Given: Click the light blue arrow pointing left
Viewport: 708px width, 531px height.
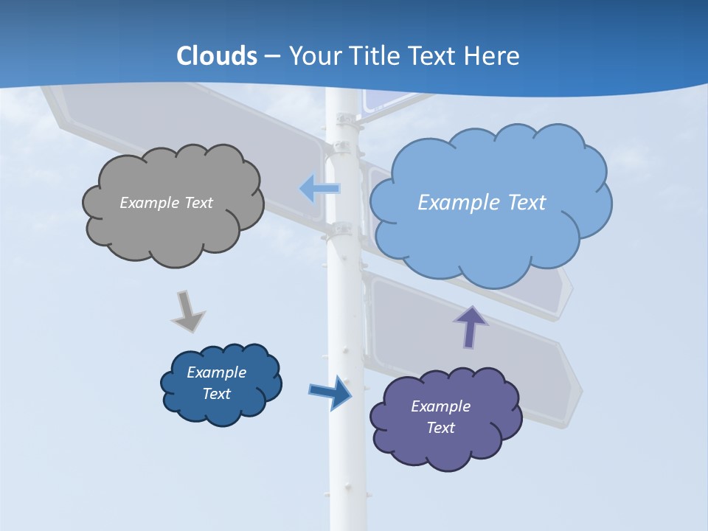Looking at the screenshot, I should (x=319, y=189).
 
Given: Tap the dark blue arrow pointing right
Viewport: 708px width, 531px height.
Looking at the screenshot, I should (x=330, y=392).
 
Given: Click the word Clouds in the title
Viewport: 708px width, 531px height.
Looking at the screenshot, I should (x=217, y=55).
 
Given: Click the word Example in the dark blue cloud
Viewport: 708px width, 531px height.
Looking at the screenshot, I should (x=216, y=372).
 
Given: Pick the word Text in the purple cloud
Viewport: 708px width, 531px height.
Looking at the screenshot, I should (x=440, y=428).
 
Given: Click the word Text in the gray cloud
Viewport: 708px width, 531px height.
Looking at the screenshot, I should (x=198, y=203).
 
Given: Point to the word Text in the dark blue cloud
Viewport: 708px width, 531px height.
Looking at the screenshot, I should (x=216, y=394).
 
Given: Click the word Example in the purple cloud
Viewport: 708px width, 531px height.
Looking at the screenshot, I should (x=440, y=406).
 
